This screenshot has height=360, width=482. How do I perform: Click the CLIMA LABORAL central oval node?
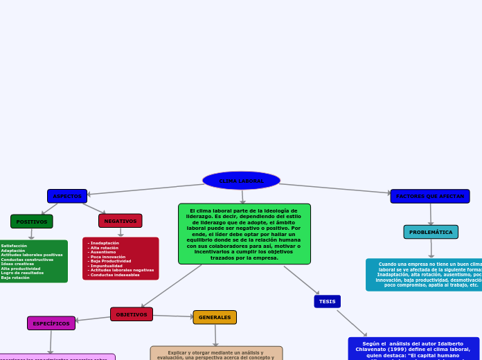241,181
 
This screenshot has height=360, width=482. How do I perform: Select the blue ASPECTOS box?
67,196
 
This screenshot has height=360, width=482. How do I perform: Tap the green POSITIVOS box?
32,222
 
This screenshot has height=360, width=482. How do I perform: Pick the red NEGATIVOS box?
120,221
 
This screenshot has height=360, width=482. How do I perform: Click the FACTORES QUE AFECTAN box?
430,196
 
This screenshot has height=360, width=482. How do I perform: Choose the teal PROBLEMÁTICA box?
431,232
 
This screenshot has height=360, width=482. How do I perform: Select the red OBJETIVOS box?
132,314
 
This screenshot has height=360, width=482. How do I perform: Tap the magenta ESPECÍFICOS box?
51,323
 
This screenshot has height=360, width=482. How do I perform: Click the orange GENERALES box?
215,317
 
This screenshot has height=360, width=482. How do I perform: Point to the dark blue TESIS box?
328,301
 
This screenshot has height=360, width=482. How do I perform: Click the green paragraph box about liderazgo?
244,234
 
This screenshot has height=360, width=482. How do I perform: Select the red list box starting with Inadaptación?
120,259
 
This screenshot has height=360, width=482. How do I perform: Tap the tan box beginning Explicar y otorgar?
216,353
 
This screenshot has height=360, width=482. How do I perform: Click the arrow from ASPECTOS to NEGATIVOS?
94,208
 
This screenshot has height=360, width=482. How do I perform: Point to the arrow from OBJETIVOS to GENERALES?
173,316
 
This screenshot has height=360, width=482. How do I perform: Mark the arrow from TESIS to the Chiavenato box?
352,323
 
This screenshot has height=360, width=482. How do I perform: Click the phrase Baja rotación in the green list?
15,278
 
